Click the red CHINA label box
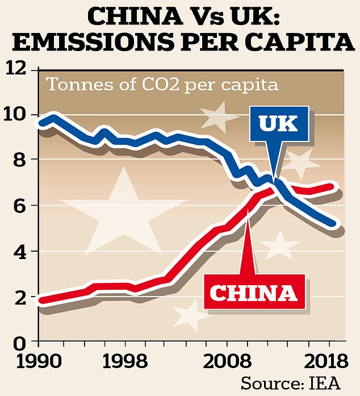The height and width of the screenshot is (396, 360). coord(254,293)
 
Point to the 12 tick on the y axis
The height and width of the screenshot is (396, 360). coord(18,70)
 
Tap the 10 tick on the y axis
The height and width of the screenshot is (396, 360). coord(18,115)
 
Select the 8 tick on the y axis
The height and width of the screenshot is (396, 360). coord(19,160)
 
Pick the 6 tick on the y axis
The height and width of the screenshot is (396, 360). coord(19,206)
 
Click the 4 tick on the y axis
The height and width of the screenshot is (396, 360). coord(19,252)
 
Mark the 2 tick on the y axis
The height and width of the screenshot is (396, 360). coord(19,297)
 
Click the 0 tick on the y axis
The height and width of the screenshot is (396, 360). coord(19,343)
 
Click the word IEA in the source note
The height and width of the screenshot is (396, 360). coord(326,383)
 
